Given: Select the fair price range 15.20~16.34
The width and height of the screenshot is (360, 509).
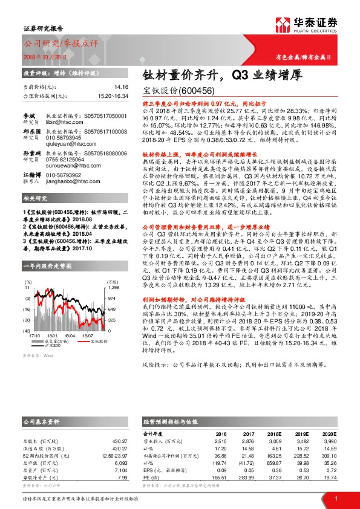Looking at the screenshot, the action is pyautogui.click(x=114, y=96).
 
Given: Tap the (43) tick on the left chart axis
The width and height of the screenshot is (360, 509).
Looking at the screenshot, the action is pyautogui.click(x=27, y=331).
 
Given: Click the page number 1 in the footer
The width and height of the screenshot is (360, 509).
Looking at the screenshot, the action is pyautogui.click(x=335, y=498).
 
